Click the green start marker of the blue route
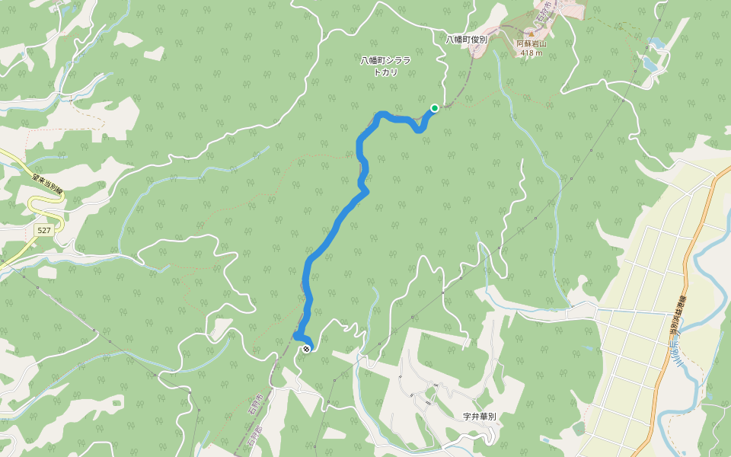point(434,108)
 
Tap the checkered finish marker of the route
point(306,349)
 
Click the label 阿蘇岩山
point(531,44)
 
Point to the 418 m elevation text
point(531,53)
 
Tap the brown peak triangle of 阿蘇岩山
point(531,34)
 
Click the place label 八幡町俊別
point(466,39)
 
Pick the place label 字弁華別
point(479,417)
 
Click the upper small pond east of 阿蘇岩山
point(653,44)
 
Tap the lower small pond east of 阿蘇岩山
point(651,66)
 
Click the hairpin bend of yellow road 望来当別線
point(32,204)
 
